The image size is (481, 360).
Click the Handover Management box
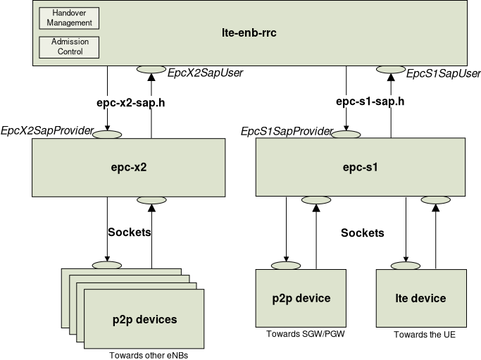tap(69, 18)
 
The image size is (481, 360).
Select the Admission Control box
tap(69, 46)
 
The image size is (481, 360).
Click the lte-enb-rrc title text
tap(249, 32)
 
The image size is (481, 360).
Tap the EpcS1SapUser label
tap(444, 73)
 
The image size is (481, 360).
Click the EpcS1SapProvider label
tap(287, 131)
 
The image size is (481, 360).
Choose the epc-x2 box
tap(129, 168)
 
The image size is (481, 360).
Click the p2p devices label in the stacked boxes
tap(146, 319)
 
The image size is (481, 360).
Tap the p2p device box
tap(301, 298)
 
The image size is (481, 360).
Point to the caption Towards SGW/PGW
tap(301, 333)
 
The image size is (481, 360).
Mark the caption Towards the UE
tap(425, 334)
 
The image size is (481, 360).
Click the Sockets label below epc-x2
tap(129, 231)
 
